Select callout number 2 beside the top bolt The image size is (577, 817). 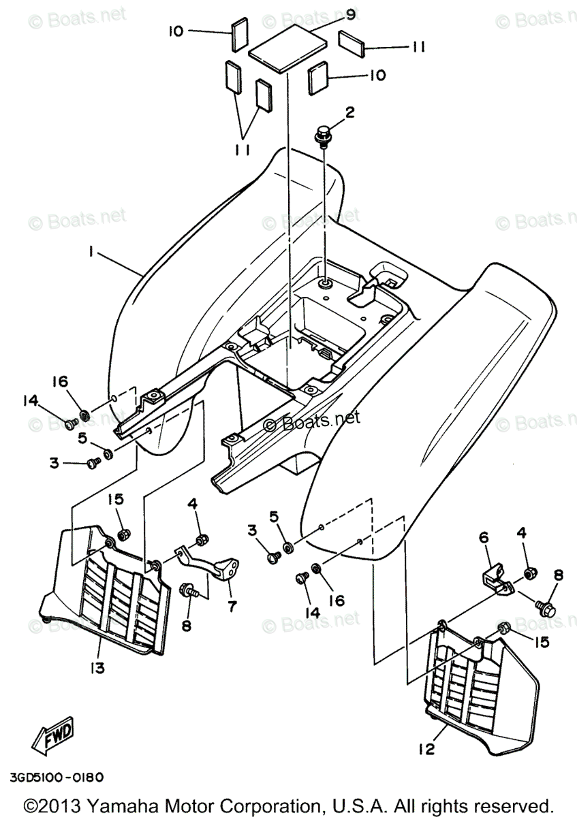(349, 113)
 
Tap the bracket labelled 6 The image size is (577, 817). (495, 579)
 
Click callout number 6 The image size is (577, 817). (484, 538)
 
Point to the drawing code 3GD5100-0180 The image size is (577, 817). (57, 777)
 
